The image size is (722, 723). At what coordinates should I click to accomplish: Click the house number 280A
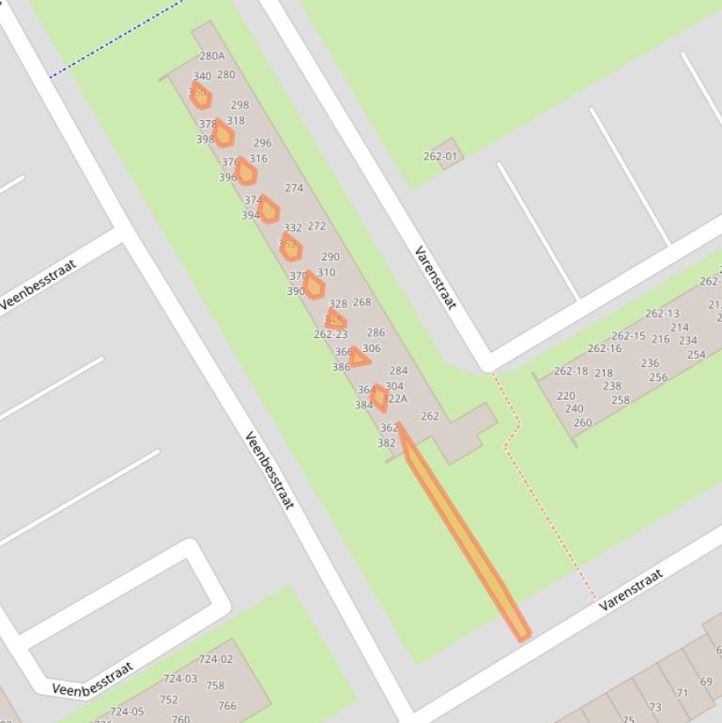pyautogui.click(x=212, y=56)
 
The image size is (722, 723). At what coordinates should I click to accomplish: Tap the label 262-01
pyautogui.click(x=439, y=156)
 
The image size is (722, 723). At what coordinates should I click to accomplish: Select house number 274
pyautogui.click(x=294, y=188)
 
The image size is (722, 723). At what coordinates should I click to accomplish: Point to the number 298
pyautogui.click(x=239, y=105)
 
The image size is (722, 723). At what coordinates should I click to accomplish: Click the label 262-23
pyautogui.click(x=330, y=334)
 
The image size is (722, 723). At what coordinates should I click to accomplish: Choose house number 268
pyautogui.click(x=361, y=302)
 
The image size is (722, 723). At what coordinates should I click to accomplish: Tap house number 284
pyautogui.click(x=398, y=371)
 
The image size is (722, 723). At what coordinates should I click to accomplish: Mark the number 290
pyautogui.click(x=330, y=256)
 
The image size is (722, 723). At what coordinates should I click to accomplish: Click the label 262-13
pyautogui.click(x=662, y=314)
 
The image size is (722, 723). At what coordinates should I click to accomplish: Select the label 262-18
pyautogui.click(x=571, y=371)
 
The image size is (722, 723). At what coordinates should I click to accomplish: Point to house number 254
pyautogui.click(x=696, y=355)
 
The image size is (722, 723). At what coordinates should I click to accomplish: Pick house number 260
pyautogui.click(x=582, y=423)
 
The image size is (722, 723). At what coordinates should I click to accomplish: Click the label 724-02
pyautogui.click(x=216, y=659)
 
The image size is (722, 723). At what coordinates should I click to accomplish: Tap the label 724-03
pyautogui.click(x=180, y=678)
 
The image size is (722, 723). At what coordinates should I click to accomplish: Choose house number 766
pyautogui.click(x=227, y=706)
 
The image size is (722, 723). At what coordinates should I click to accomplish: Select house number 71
pyautogui.click(x=682, y=693)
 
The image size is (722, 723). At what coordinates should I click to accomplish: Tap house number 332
pyautogui.click(x=293, y=227)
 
